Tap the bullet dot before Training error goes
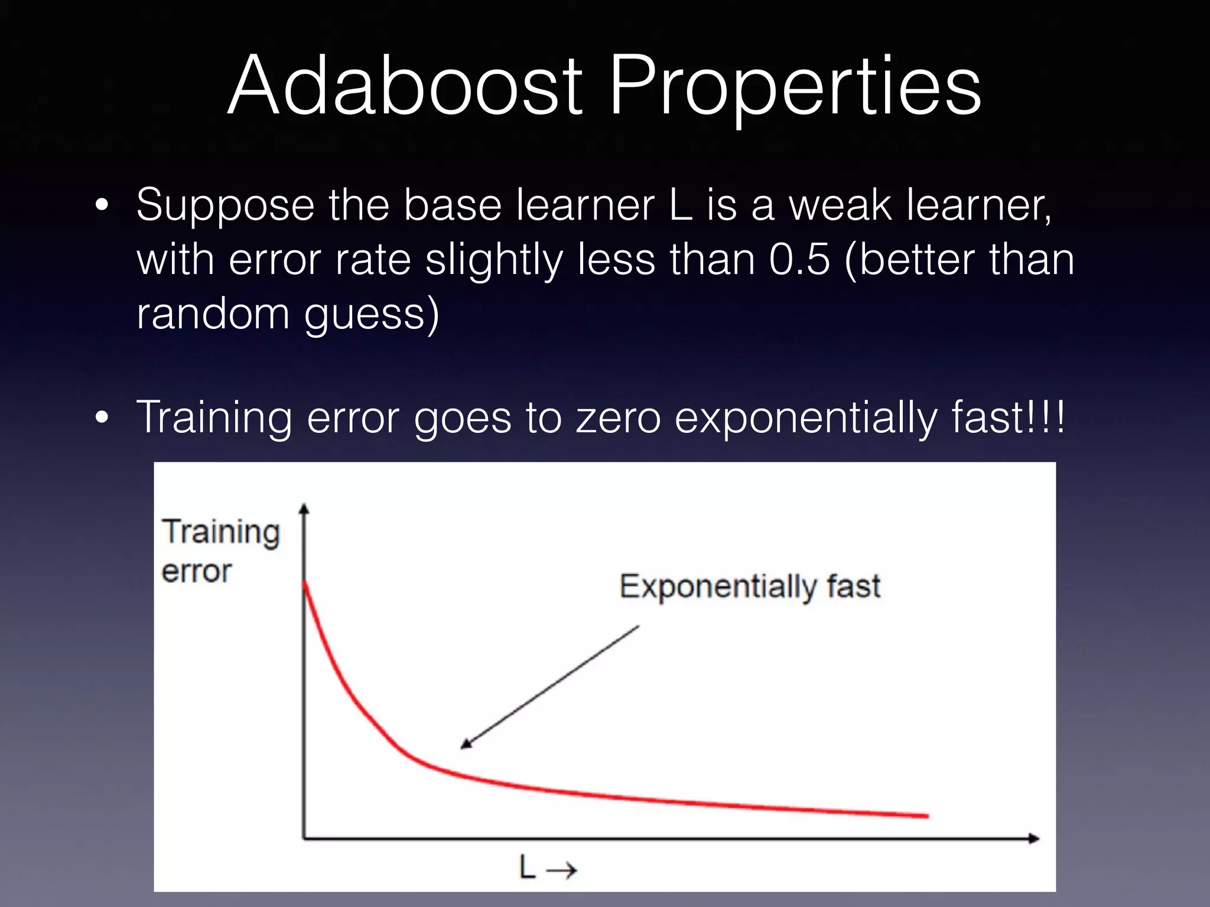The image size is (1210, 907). (x=102, y=418)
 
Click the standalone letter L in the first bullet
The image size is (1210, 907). (x=681, y=205)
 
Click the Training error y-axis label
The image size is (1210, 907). (x=220, y=550)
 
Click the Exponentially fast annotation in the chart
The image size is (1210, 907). (x=749, y=587)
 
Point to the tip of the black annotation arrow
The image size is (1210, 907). (x=462, y=748)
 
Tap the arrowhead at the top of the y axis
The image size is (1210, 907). (x=304, y=508)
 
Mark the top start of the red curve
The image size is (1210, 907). (x=305, y=583)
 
